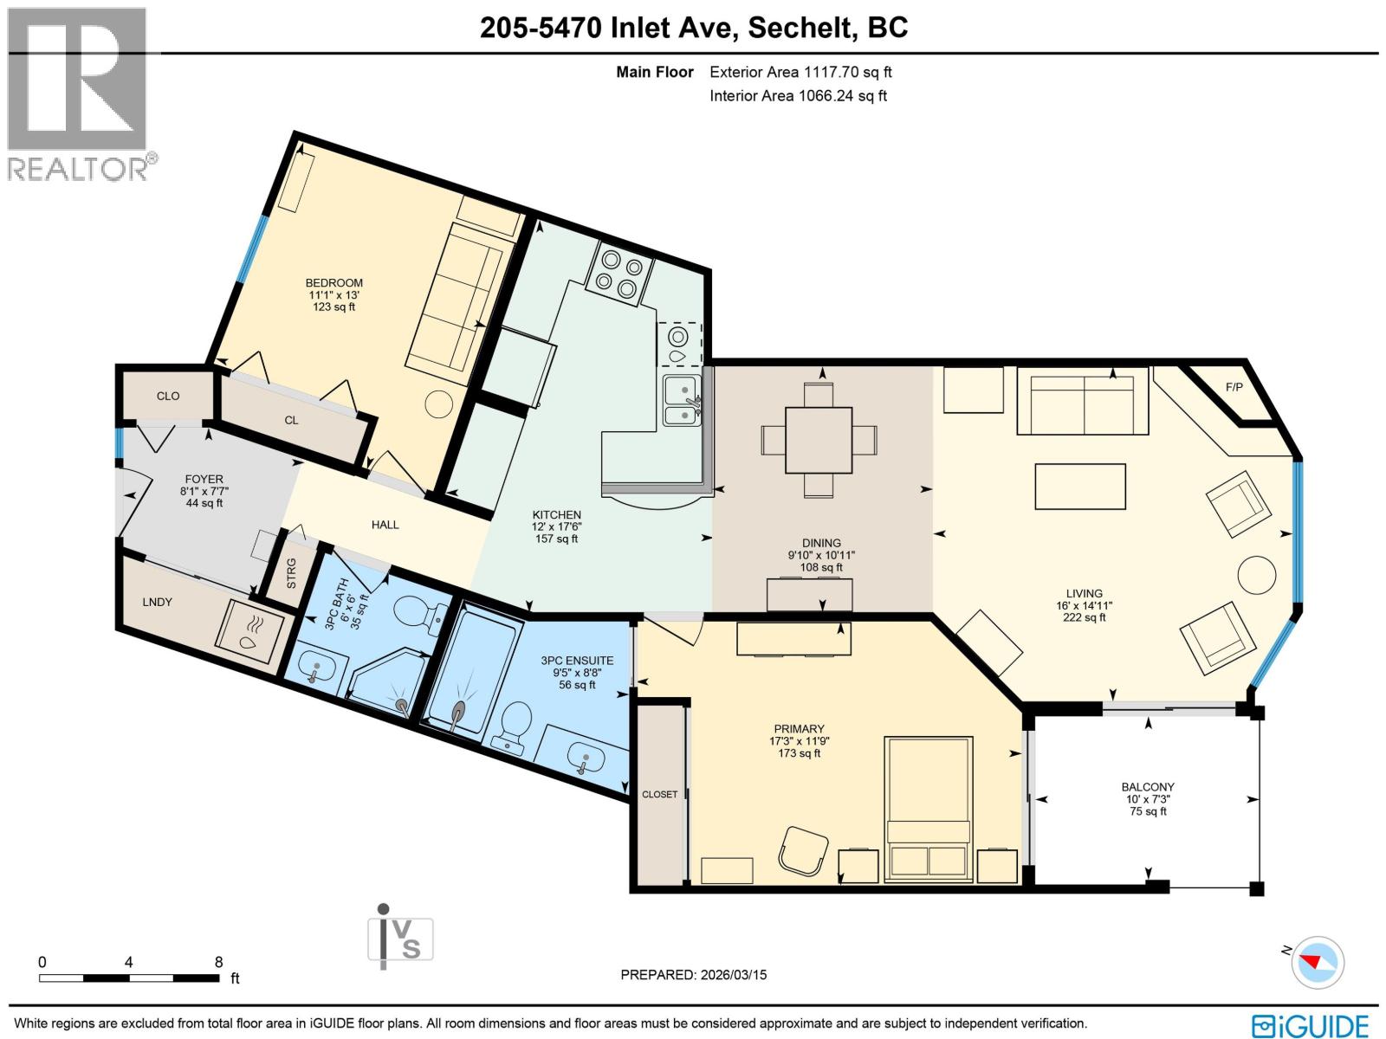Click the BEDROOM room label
click(x=334, y=283)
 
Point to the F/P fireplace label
click(x=1234, y=387)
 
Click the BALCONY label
click(x=1148, y=787)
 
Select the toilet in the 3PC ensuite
click(x=516, y=723)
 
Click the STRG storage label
click(x=292, y=573)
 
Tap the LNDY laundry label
click(x=158, y=602)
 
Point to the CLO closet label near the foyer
click(x=168, y=396)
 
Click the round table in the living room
click(x=1256, y=574)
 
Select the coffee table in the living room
click(x=1080, y=487)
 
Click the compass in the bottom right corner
click(x=1318, y=962)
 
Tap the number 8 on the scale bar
click(x=218, y=962)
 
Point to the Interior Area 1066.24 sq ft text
click(x=798, y=96)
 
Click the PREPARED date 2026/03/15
click(x=694, y=975)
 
